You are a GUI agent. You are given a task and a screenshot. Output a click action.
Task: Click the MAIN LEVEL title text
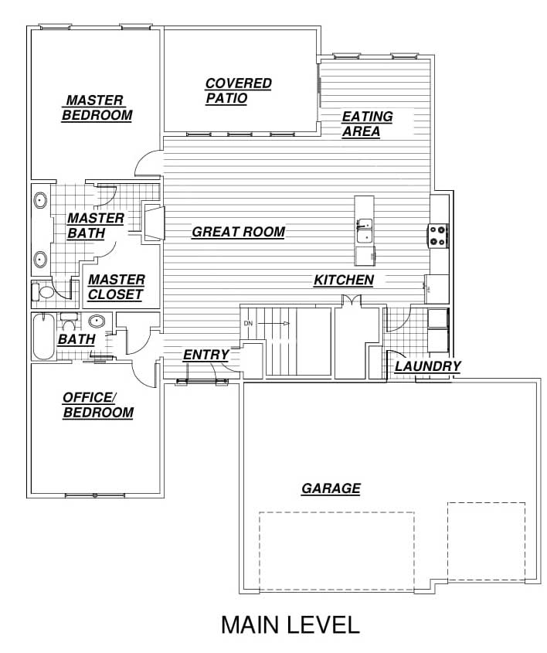(290, 624)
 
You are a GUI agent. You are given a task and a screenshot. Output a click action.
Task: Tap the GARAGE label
(331, 488)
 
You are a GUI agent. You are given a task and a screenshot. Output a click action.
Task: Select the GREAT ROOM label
(239, 232)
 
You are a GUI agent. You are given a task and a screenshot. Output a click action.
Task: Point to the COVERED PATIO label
(239, 90)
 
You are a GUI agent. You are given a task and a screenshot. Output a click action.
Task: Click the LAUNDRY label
(427, 366)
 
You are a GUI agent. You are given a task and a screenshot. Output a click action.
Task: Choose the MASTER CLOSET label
(116, 287)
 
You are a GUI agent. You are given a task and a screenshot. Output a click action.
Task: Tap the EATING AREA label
(367, 124)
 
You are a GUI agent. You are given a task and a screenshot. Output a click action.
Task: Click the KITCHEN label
(344, 281)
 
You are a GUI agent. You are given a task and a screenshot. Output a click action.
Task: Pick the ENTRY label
(206, 355)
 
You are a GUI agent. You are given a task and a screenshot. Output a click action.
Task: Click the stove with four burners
(438, 236)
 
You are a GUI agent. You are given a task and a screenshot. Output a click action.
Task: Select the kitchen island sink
(364, 230)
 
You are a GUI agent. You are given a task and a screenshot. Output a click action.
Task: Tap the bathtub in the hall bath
(44, 336)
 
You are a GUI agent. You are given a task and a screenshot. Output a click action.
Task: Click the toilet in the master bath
(42, 292)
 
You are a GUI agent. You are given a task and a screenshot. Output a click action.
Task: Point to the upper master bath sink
(40, 201)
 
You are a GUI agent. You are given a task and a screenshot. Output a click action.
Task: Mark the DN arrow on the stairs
(276, 324)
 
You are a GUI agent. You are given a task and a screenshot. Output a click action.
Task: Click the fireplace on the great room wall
(154, 221)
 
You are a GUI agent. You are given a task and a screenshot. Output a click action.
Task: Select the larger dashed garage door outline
(337, 551)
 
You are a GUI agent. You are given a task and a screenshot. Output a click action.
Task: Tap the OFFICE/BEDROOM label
(98, 405)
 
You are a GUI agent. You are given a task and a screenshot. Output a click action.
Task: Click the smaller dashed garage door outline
(486, 541)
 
